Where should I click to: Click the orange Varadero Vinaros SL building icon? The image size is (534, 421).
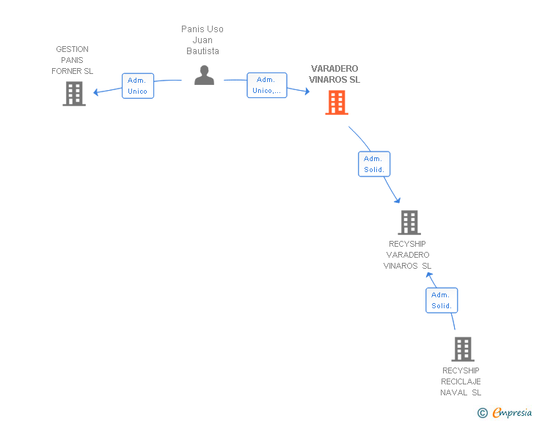point(337,103)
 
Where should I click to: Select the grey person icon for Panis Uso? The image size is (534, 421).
point(204,75)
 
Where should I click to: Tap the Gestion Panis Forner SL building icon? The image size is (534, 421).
point(74,94)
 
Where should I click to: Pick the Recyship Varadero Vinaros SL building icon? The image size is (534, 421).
point(409,223)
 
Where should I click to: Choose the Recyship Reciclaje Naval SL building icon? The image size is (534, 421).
point(463,349)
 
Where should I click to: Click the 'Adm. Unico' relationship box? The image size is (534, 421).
point(138,86)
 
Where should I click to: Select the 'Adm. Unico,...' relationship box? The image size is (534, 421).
point(266,86)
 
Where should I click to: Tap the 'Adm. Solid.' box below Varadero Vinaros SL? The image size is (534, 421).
point(374,164)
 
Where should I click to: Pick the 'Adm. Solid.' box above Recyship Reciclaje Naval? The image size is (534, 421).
point(442,300)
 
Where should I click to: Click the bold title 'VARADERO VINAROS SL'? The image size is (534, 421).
point(334,74)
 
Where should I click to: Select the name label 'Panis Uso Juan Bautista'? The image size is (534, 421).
point(202,40)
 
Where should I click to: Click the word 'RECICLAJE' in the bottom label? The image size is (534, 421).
point(461,381)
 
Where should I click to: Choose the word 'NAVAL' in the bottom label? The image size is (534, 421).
point(455,392)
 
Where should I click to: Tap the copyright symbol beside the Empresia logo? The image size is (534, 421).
point(482,413)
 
